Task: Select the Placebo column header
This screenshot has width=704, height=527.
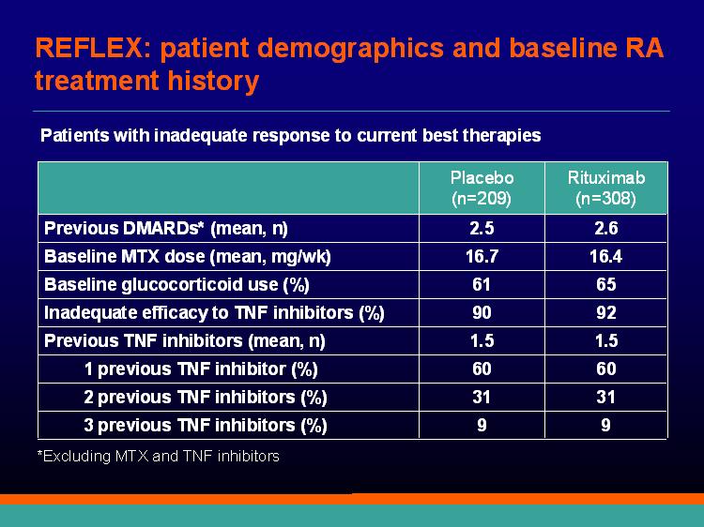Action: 482,188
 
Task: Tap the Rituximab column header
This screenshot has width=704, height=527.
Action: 606,188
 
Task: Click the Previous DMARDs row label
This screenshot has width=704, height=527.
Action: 165,229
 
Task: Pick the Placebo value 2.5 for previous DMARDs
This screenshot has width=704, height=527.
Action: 482,228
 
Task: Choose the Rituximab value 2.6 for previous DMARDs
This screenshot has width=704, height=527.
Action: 606,228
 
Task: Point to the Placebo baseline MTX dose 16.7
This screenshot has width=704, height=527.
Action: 482,257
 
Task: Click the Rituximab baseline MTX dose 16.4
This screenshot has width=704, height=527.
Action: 606,257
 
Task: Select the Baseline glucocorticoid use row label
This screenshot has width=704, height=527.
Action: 176,285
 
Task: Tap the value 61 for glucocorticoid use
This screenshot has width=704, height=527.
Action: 482,285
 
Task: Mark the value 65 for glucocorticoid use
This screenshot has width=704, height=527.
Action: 606,285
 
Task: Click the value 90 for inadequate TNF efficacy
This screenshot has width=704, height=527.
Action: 482,312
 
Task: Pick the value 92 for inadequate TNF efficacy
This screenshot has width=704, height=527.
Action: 606,312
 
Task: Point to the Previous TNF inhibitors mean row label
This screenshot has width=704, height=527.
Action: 185,341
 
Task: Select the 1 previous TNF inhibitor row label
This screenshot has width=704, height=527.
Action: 201,369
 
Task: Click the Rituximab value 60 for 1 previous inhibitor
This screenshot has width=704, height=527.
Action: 606,369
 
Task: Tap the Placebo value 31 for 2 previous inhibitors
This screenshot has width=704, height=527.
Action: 482,398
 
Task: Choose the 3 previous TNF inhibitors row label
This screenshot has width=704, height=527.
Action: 206,426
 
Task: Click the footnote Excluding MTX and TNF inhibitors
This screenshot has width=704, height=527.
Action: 159,456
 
